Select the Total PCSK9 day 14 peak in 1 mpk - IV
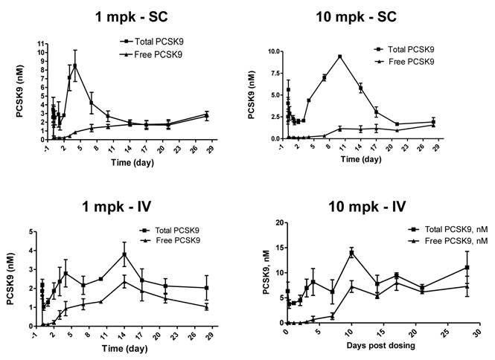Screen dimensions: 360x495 (124, 254)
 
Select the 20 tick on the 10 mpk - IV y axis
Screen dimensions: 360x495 (278, 223)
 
